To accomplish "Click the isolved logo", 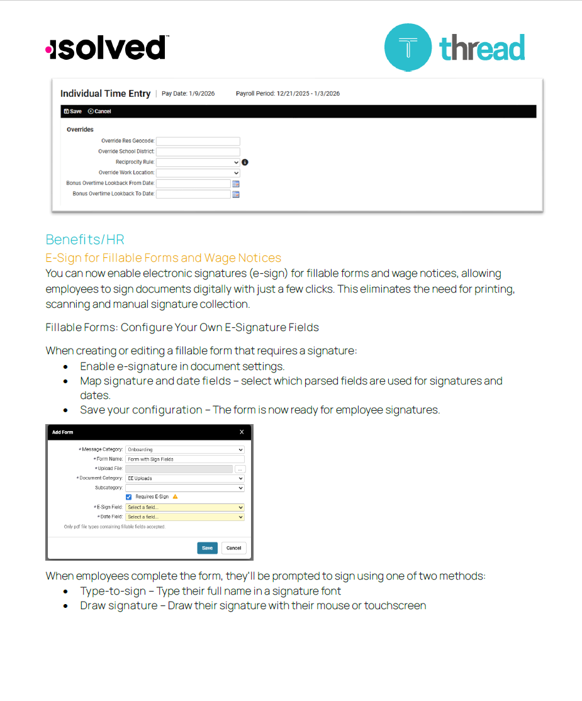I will (107, 48).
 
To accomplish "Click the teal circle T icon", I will (408, 47).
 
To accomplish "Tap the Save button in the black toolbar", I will (73, 111).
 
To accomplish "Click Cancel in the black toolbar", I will (99, 111).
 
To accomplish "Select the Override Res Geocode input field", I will (198, 141).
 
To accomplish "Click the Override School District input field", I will (198, 152).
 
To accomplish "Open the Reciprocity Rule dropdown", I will (198, 162).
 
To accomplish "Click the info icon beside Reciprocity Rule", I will (245, 162).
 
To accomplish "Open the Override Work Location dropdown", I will (198, 172).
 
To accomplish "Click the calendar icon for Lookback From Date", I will (236, 184).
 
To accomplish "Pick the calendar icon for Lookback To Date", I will (236, 194).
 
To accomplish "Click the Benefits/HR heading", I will (85, 240).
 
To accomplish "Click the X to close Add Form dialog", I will (242, 432).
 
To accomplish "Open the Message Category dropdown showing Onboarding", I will (184, 450).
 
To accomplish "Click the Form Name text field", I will (184, 459).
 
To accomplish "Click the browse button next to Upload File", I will (240, 469).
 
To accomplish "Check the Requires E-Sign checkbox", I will (129, 497).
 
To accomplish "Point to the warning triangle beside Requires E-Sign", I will (175, 497).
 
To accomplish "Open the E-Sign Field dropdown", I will (184, 507).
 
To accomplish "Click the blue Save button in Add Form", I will (207, 547).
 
